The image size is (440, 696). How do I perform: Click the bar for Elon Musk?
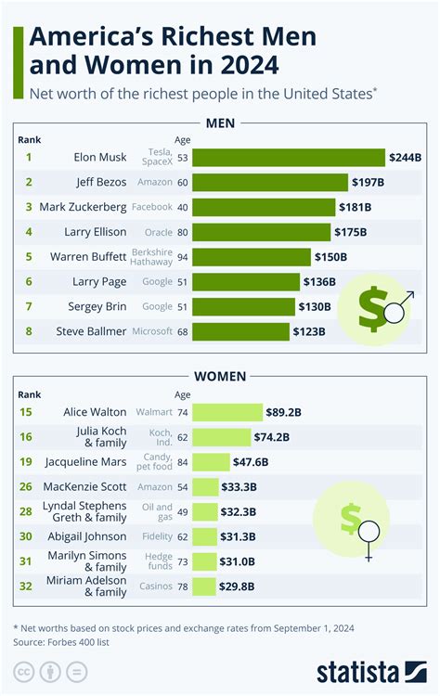288,158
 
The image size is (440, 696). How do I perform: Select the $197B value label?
368,182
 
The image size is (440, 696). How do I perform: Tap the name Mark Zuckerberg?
76,207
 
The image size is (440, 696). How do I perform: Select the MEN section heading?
219,123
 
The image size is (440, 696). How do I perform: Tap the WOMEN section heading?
219,376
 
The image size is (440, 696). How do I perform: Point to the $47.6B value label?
251,461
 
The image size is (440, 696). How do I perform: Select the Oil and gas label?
158,511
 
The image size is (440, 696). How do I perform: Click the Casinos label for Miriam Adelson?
155,586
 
